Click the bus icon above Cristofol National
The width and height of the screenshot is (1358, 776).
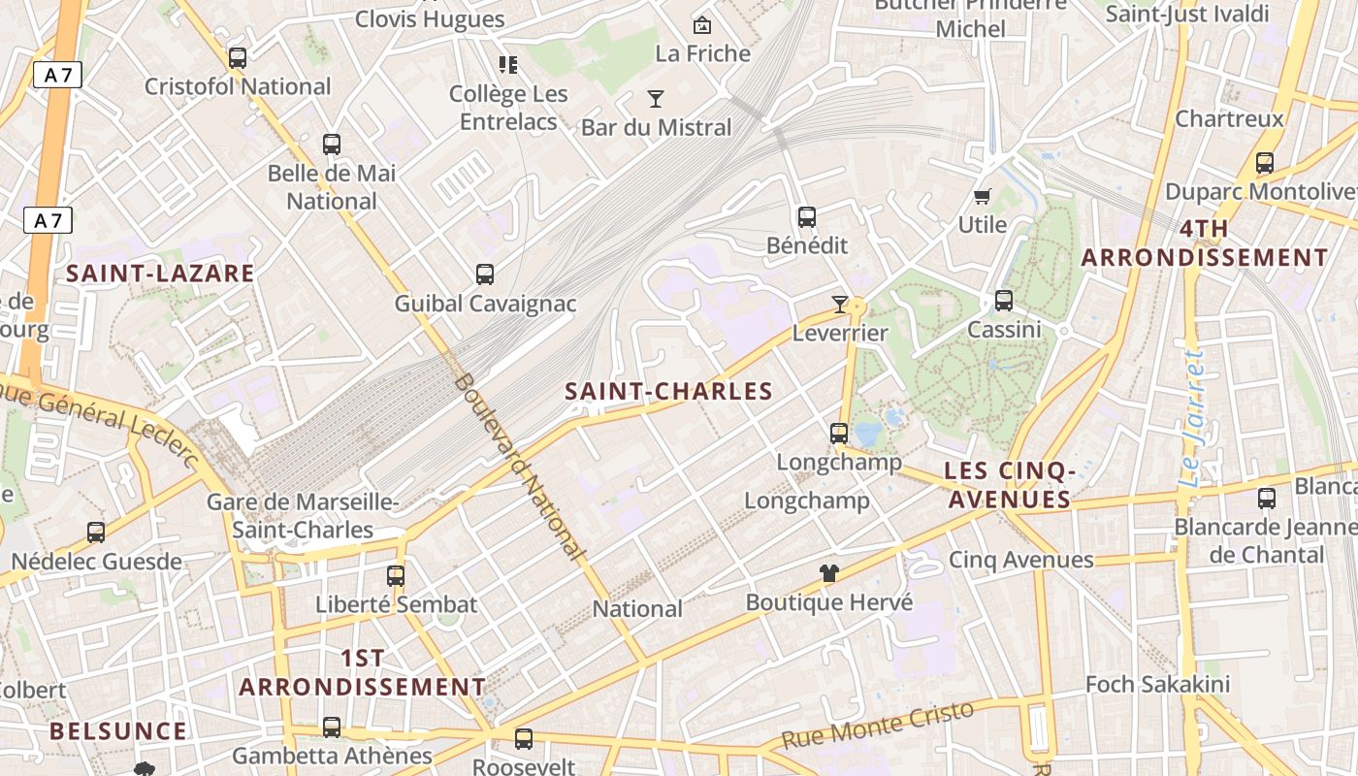(x=238, y=58)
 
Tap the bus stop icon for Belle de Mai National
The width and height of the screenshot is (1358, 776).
(x=332, y=145)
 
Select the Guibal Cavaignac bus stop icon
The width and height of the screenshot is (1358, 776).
(x=485, y=275)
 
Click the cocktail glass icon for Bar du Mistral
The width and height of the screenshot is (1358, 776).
(x=656, y=99)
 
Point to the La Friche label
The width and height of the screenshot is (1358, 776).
(x=703, y=53)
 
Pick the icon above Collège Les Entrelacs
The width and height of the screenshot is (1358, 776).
(x=508, y=65)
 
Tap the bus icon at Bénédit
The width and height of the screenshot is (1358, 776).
(x=807, y=217)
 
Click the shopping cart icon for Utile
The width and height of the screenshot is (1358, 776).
(x=983, y=197)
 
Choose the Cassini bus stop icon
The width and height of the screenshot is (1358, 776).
(x=1004, y=301)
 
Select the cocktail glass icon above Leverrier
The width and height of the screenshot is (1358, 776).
(x=840, y=305)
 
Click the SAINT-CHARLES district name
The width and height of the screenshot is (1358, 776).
(x=668, y=392)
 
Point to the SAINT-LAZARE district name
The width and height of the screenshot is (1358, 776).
(x=160, y=274)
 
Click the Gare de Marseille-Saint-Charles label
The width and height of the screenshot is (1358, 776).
(x=303, y=516)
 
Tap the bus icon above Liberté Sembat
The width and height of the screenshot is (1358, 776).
(x=396, y=575)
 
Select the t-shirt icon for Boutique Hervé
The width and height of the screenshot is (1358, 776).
(x=828, y=573)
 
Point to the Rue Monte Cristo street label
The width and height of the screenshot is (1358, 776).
(x=877, y=724)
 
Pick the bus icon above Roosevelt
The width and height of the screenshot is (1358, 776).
(x=524, y=739)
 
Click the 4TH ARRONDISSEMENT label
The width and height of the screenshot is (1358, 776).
(x=1204, y=243)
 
